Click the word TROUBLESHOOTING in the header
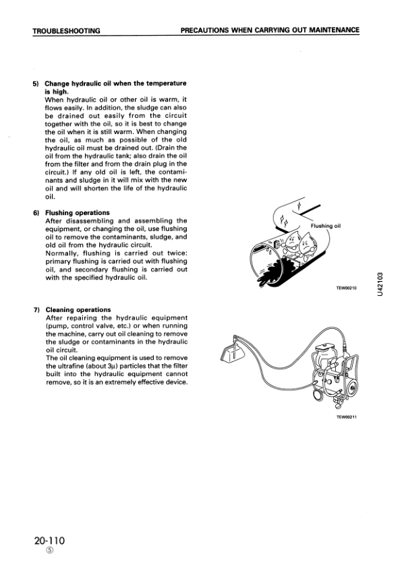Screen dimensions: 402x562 pos(66,30)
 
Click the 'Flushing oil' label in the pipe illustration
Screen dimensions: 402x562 pos(326,226)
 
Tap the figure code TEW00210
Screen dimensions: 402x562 pos(345,288)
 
